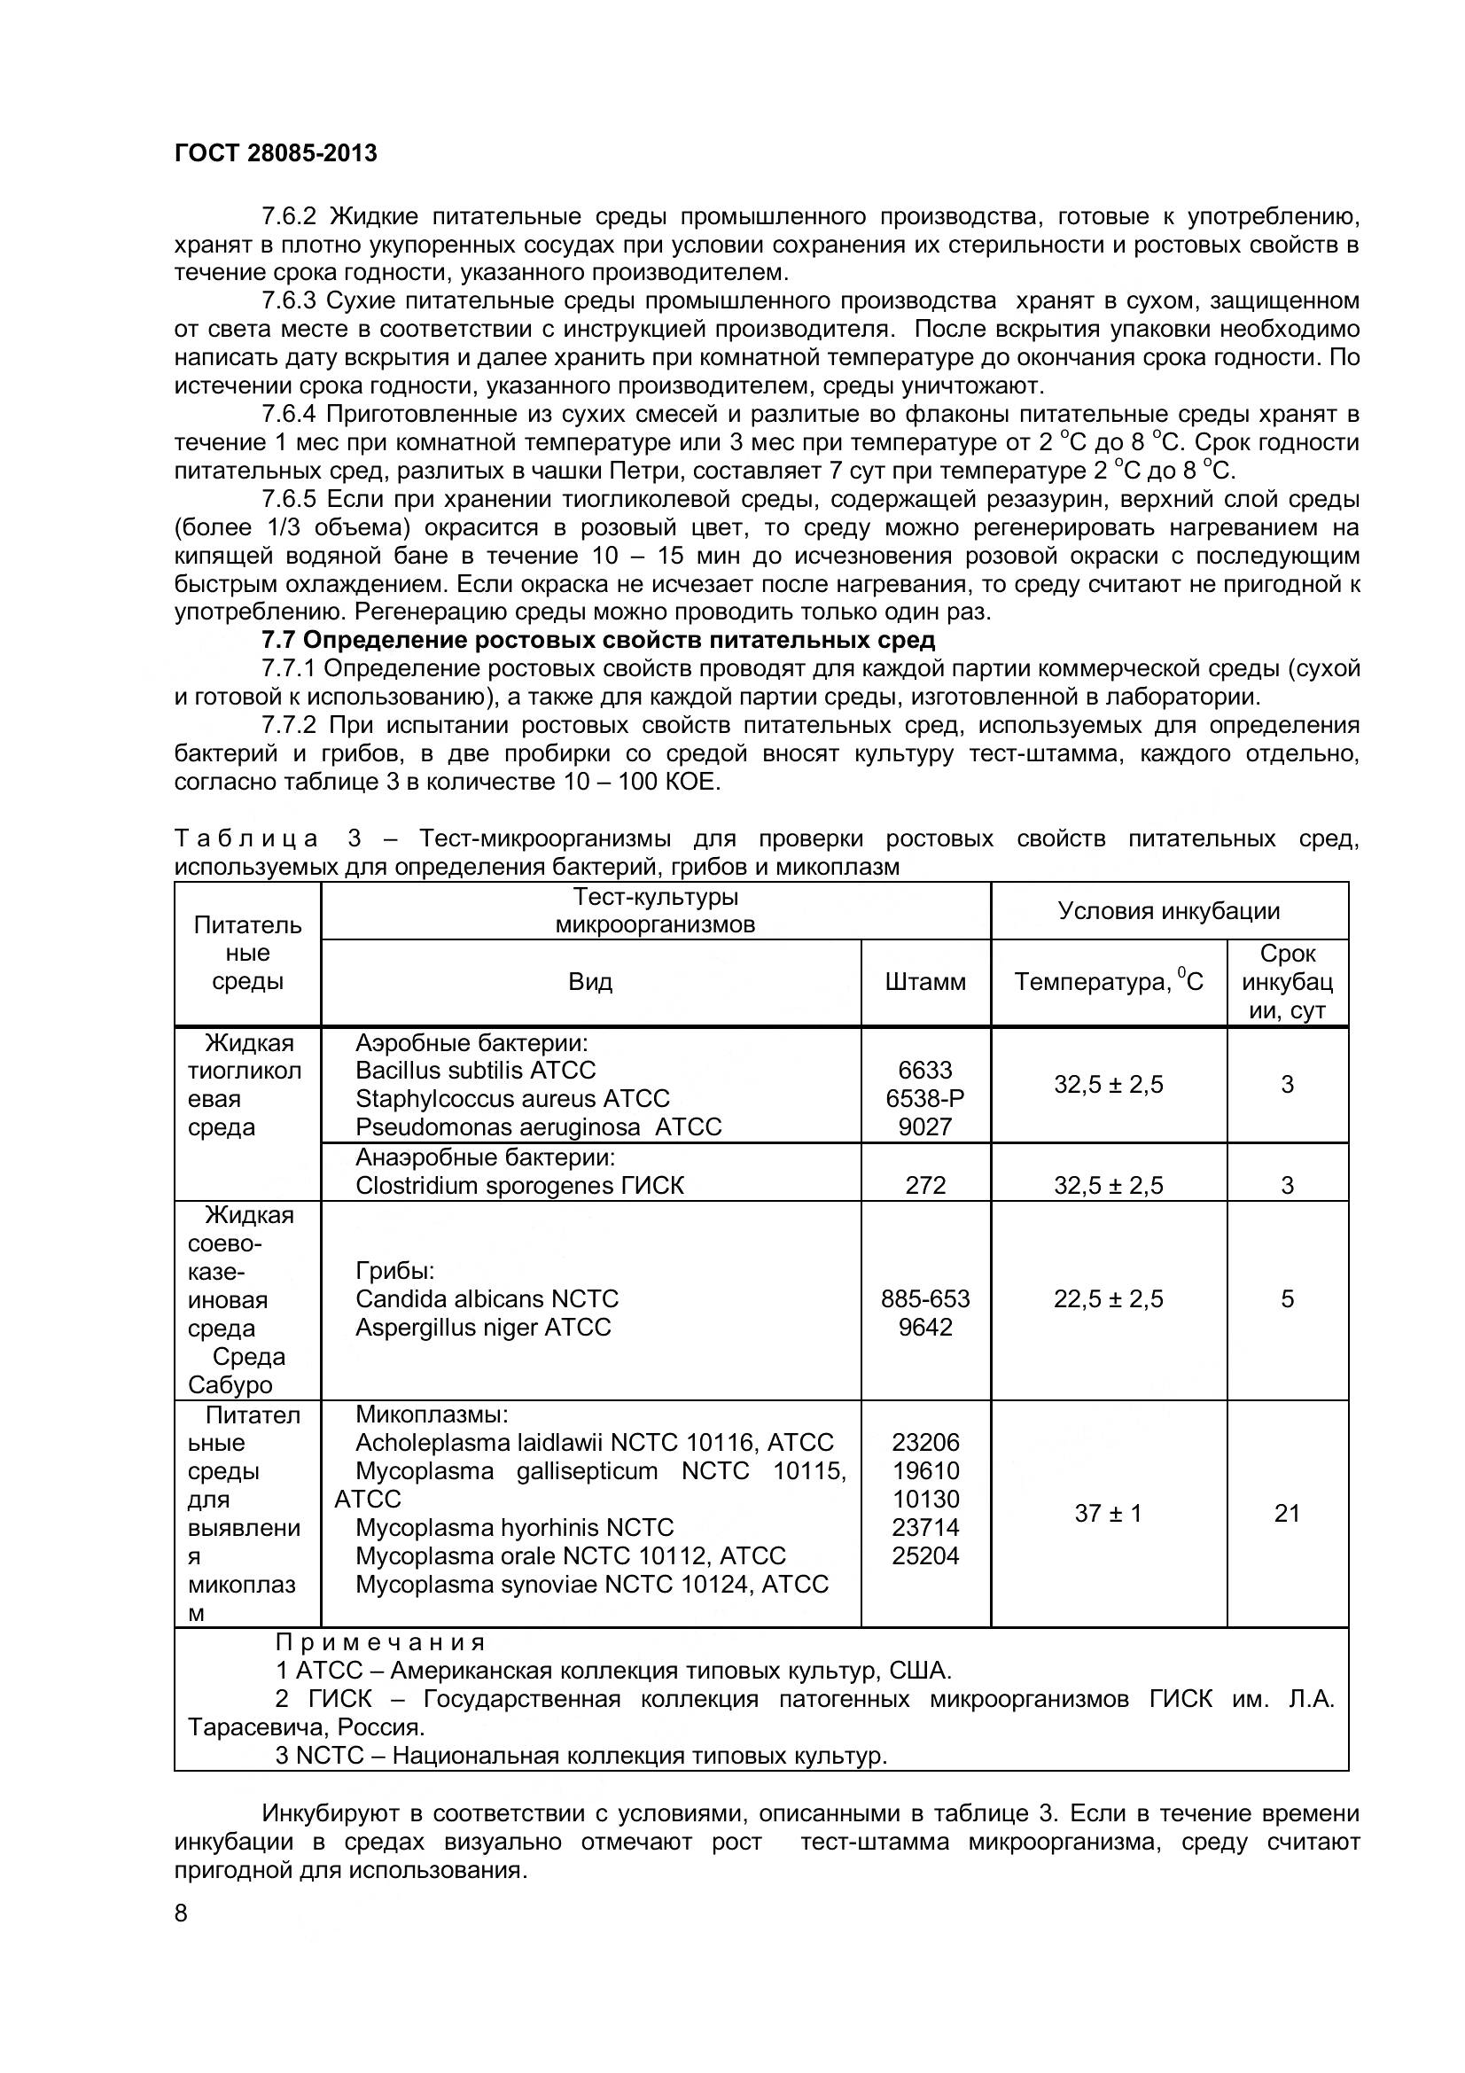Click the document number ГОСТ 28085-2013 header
coord(276,153)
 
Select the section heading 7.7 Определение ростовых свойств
coord(597,640)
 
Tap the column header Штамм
coord(925,981)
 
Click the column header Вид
coord(590,981)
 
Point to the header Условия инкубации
coord(1169,910)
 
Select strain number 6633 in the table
coord(925,1070)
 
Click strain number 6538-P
coord(925,1098)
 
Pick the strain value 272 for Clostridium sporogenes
coord(925,1185)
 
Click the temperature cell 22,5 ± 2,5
coord(1109,1298)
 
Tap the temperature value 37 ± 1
coord(1109,1512)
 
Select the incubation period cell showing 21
coord(1287,1512)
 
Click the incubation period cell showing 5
coord(1287,1298)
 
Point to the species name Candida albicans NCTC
coord(487,1298)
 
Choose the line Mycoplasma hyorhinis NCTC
coord(515,1527)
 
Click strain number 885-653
coord(925,1298)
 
